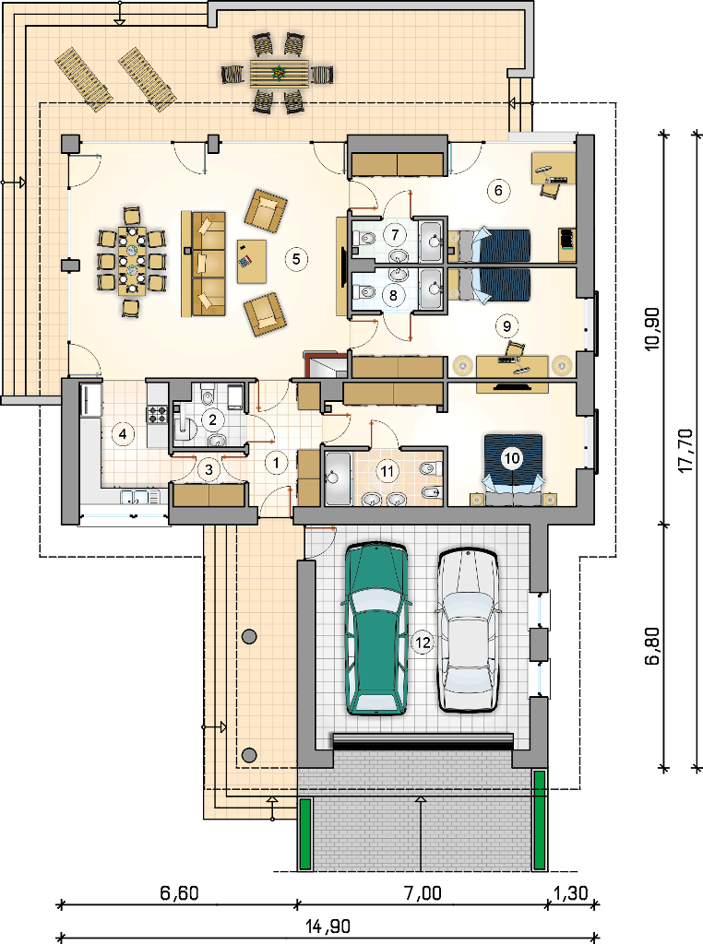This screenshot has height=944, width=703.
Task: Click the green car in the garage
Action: (x=375, y=628)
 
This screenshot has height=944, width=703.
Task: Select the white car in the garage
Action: (x=468, y=630)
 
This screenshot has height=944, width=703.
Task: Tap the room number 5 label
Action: (x=296, y=259)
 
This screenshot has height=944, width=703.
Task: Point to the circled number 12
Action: (x=423, y=643)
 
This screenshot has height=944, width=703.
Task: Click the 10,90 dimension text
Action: (x=652, y=329)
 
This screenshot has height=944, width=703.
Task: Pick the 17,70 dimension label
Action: (x=686, y=450)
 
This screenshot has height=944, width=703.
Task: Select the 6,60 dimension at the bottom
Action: (x=179, y=892)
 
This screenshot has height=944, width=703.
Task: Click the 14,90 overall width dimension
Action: (x=328, y=926)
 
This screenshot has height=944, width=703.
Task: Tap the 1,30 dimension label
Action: (x=570, y=892)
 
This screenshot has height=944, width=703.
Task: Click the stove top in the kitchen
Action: (x=157, y=414)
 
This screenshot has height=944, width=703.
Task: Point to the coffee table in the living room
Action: (x=252, y=261)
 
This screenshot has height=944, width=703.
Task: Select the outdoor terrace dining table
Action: (x=279, y=73)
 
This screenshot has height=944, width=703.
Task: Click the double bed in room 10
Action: (x=514, y=467)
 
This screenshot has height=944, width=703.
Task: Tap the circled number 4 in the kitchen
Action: (x=123, y=433)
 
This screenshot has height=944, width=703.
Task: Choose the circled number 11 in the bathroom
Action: (x=387, y=471)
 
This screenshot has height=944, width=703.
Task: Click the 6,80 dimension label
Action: (x=652, y=646)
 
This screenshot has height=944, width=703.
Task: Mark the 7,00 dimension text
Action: (x=423, y=892)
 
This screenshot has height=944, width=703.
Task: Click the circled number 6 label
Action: (x=498, y=190)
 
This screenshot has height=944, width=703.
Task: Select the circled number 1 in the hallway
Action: (x=277, y=463)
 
